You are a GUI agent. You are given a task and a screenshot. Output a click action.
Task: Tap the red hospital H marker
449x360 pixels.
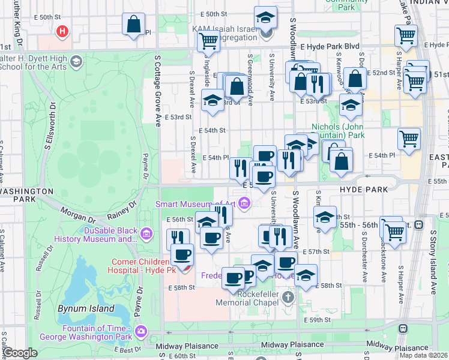coord(61,31)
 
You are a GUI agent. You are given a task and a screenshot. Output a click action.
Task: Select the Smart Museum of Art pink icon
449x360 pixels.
coord(244,205)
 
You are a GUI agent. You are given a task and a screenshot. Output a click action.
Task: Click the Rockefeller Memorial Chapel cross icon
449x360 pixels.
coord(288,298)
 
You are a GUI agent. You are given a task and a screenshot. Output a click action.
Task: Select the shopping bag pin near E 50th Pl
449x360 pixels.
coord(133,25)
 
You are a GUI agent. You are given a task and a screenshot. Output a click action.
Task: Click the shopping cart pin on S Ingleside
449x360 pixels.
coord(208,41)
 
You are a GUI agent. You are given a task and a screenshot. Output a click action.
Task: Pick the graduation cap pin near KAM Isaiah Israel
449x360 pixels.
coord(265,18)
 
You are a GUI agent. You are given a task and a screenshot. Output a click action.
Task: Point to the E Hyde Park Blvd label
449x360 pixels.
coord(330,46)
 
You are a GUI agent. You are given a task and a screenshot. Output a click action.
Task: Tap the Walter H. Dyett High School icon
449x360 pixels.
coord(76,61)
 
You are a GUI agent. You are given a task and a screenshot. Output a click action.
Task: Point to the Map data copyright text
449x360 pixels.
coord(423,355)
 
